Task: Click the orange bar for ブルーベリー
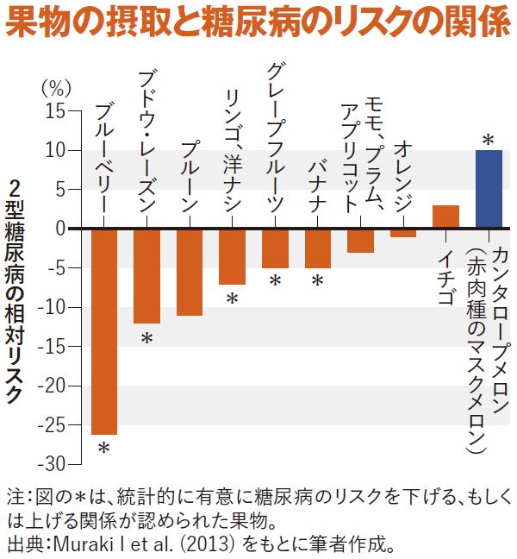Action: click(x=104, y=331)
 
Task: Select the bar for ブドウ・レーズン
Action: click(x=146, y=276)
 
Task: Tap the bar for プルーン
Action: click(x=190, y=272)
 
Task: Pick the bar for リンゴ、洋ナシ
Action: click(x=232, y=256)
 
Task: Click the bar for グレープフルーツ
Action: click(x=275, y=248)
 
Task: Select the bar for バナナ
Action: click(x=318, y=248)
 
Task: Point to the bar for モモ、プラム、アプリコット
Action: click(x=360, y=241)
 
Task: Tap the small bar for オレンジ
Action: click(x=403, y=233)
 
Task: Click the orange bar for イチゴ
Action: click(x=445, y=217)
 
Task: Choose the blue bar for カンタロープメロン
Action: click(x=489, y=190)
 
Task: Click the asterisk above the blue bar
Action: click(x=488, y=140)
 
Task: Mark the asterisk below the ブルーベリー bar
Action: click(x=104, y=449)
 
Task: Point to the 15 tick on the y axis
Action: click(x=54, y=111)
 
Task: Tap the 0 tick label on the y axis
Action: click(x=60, y=229)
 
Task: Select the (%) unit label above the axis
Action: click(x=54, y=88)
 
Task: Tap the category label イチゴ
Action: click(x=445, y=279)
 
